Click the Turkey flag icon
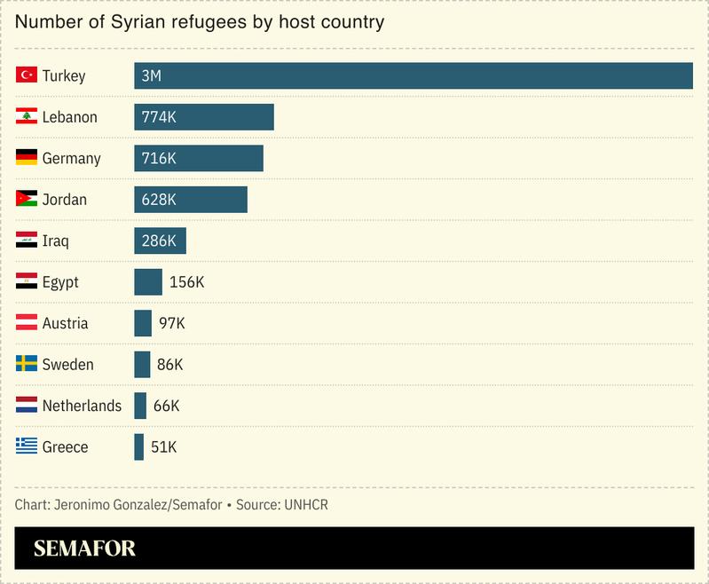[26, 75]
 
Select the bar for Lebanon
[204, 117]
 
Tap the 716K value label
[159, 158]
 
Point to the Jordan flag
[26, 199]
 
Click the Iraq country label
[55, 241]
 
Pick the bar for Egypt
[148, 282]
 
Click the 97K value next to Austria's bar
[171, 323]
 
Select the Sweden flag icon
[26, 364]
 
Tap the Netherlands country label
[82, 406]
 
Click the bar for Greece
[138, 446]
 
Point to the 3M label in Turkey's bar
[151, 76]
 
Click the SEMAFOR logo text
[84, 548]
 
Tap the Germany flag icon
[26, 158]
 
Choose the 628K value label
[159, 200]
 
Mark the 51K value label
[163, 447]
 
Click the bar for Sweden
[142, 364]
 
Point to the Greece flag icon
[26, 446]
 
